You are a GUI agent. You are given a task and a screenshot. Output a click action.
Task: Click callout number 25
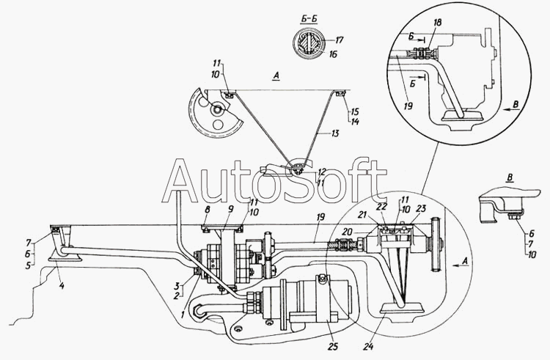tap(332, 346)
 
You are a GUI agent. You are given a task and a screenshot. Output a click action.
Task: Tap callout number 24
tap(369, 346)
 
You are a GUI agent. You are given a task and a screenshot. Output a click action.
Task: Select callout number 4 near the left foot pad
tap(62, 286)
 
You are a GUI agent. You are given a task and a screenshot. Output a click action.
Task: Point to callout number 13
tap(335, 133)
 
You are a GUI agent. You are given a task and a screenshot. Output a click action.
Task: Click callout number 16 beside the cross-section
tap(332, 54)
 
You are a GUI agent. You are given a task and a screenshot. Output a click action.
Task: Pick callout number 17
tap(339, 40)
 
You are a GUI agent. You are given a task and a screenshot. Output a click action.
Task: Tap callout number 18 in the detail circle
tap(437, 23)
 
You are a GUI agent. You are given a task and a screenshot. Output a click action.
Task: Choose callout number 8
tap(208, 210)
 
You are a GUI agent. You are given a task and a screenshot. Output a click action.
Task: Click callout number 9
tap(230, 210)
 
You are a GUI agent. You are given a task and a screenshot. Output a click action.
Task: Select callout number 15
tap(355, 112)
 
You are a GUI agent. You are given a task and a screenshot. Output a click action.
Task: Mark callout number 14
tap(355, 122)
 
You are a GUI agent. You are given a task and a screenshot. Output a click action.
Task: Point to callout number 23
tap(421, 208)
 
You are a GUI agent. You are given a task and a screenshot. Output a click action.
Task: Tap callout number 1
tap(183, 315)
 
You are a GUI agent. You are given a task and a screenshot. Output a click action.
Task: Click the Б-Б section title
tap(309, 19)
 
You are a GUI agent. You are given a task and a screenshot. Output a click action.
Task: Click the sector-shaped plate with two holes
tap(215, 114)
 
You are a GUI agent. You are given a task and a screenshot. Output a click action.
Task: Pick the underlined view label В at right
tap(510, 177)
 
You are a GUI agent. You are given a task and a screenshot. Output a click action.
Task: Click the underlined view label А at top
tap(276, 76)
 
